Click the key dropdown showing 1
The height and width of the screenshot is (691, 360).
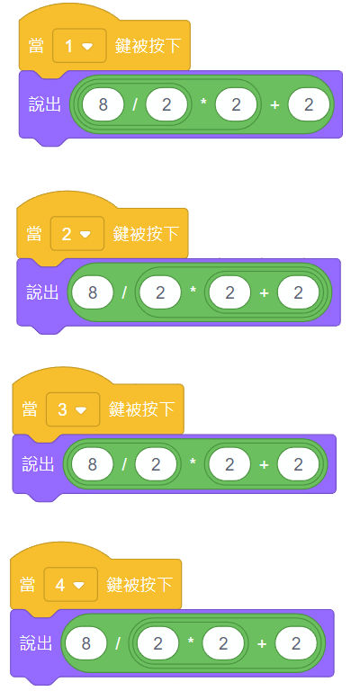pyautogui.click(x=79, y=46)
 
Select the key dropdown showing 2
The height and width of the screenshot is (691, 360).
pyautogui.click(x=77, y=234)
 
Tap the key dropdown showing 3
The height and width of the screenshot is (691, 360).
pyautogui.click(x=73, y=409)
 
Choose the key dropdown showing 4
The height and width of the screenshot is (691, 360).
pyautogui.click(x=70, y=584)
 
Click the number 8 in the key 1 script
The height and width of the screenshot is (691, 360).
pyautogui.click(x=103, y=105)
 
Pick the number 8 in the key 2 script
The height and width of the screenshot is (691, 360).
pyautogui.click(x=93, y=293)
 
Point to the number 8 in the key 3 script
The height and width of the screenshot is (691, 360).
pyautogui.click(x=93, y=464)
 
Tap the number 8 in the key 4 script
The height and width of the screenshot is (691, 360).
pyautogui.click(x=85, y=643)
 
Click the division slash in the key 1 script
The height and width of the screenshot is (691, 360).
pyautogui.click(x=135, y=105)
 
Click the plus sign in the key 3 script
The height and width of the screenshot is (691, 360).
pyautogui.click(x=264, y=465)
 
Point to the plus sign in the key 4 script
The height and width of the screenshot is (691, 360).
pyautogui.click(x=261, y=644)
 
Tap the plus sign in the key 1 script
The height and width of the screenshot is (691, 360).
pyautogui.click(x=274, y=105)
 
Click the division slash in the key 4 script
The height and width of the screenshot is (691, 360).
pyautogui.click(x=118, y=644)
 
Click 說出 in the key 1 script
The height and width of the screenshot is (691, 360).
pyautogui.click(x=44, y=104)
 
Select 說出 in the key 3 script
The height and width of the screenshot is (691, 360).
pyautogui.click(x=38, y=463)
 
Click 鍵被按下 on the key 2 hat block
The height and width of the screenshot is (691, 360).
pyautogui.click(x=146, y=234)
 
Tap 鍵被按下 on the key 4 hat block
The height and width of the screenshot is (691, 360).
pyautogui.click(x=139, y=584)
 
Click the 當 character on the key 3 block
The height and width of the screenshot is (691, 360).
pyautogui.click(x=31, y=409)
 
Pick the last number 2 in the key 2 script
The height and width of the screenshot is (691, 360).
pyautogui.click(x=298, y=293)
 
